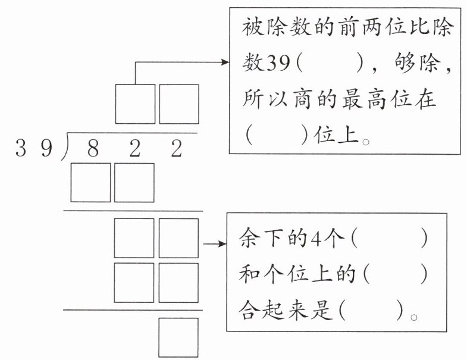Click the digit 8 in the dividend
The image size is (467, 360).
pyautogui.click(x=93, y=149)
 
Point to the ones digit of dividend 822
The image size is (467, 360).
pyautogui.click(x=176, y=149)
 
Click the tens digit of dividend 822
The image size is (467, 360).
pyautogui.click(x=134, y=149)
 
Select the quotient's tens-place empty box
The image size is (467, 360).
pyautogui.click(x=135, y=104)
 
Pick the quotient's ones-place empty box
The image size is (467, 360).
pyautogui.click(x=179, y=104)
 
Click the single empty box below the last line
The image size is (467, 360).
pyautogui.click(x=178, y=337)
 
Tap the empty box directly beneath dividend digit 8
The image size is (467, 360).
pyautogui.click(x=90, y=182)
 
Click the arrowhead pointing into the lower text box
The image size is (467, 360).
pyautogui.click(x=223, y=243)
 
